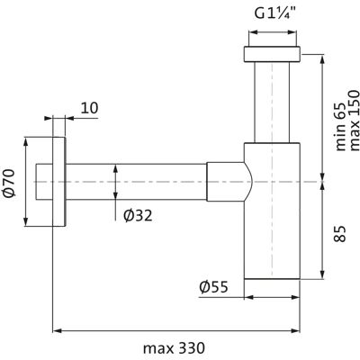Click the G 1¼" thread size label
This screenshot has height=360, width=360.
point(275,13)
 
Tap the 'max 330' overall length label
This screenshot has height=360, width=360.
point(174,348)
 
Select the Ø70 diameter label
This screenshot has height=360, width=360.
point(9,183)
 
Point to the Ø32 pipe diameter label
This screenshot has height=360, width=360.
point(138,215)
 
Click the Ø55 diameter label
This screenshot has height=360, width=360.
point(213,287)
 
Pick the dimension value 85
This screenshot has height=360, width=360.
point(339,233)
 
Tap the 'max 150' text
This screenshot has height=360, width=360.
point(354,121)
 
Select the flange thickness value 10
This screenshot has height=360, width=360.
point(90,108)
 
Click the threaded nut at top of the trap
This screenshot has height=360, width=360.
point(272,54)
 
